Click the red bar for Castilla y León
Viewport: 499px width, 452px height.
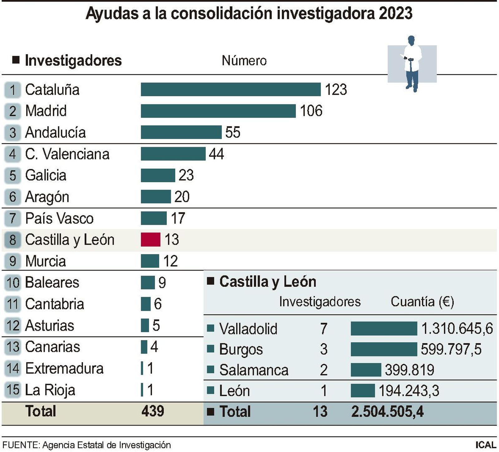[150, 239]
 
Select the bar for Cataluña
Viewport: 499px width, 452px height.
[230, 90]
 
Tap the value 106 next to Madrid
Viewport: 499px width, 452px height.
[311, 111]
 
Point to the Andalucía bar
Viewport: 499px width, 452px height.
[181, 132]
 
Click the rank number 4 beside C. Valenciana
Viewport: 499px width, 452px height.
[12, 154]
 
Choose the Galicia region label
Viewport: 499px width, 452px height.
[46, 175]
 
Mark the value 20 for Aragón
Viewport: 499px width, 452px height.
[182, 197]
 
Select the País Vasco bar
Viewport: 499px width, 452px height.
[153, 218]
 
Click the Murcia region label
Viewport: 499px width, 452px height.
[46, 261]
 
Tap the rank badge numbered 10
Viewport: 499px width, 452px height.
[13, 282]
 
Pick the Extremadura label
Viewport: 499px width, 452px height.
[64, 368]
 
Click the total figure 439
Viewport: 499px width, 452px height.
[153, 411]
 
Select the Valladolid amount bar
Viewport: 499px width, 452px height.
[384, 328]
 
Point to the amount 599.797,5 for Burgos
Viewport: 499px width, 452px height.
[451, 349]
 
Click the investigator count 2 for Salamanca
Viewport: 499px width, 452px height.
[323, 370]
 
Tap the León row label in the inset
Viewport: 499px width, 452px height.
[234, 391]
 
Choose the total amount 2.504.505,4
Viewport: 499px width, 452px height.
[387, 411]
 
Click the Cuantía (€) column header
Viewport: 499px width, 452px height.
[422, 302]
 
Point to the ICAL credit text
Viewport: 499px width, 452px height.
[486, 445]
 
